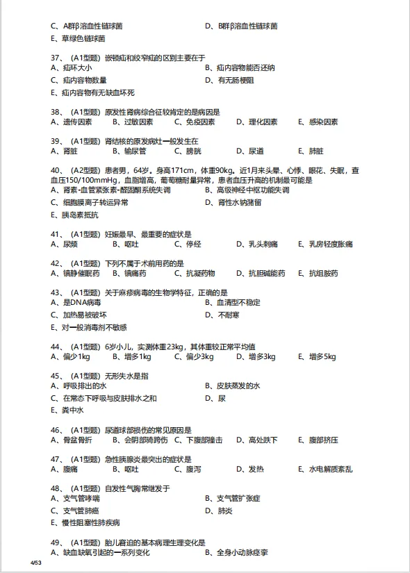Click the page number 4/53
click(36, 561)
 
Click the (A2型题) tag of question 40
click(84, 169)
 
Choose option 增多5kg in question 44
click(322, 357)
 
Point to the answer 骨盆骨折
click(77, 440)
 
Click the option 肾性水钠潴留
click(239, 203)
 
